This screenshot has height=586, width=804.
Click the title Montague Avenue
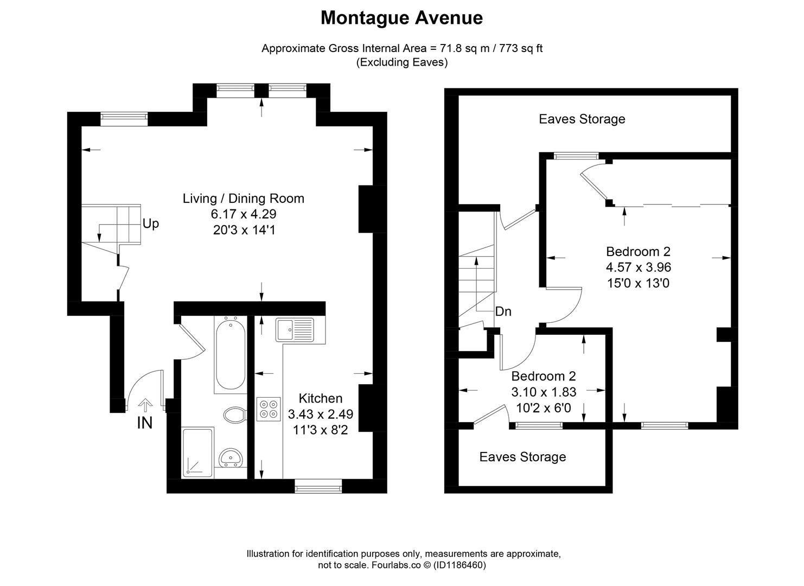click(401, 18)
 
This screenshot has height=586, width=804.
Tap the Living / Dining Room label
click(243, 199)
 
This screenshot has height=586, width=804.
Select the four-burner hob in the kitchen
click(269, 409)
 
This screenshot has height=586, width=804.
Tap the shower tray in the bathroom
click(198, 453)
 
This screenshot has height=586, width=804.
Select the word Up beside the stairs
click(151, 224)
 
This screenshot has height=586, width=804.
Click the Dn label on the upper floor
click(503, 311)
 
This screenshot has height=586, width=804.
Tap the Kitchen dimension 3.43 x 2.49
click(320, 415)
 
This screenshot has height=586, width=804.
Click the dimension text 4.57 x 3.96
click(638, 267)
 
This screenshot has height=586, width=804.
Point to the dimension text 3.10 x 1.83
click(544, 392)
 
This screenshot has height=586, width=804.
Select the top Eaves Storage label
click(582, 119)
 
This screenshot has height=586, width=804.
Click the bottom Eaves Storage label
click(522, 457)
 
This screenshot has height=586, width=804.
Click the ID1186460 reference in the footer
click(461, 565)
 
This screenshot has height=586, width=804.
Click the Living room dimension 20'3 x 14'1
click(244, 230)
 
